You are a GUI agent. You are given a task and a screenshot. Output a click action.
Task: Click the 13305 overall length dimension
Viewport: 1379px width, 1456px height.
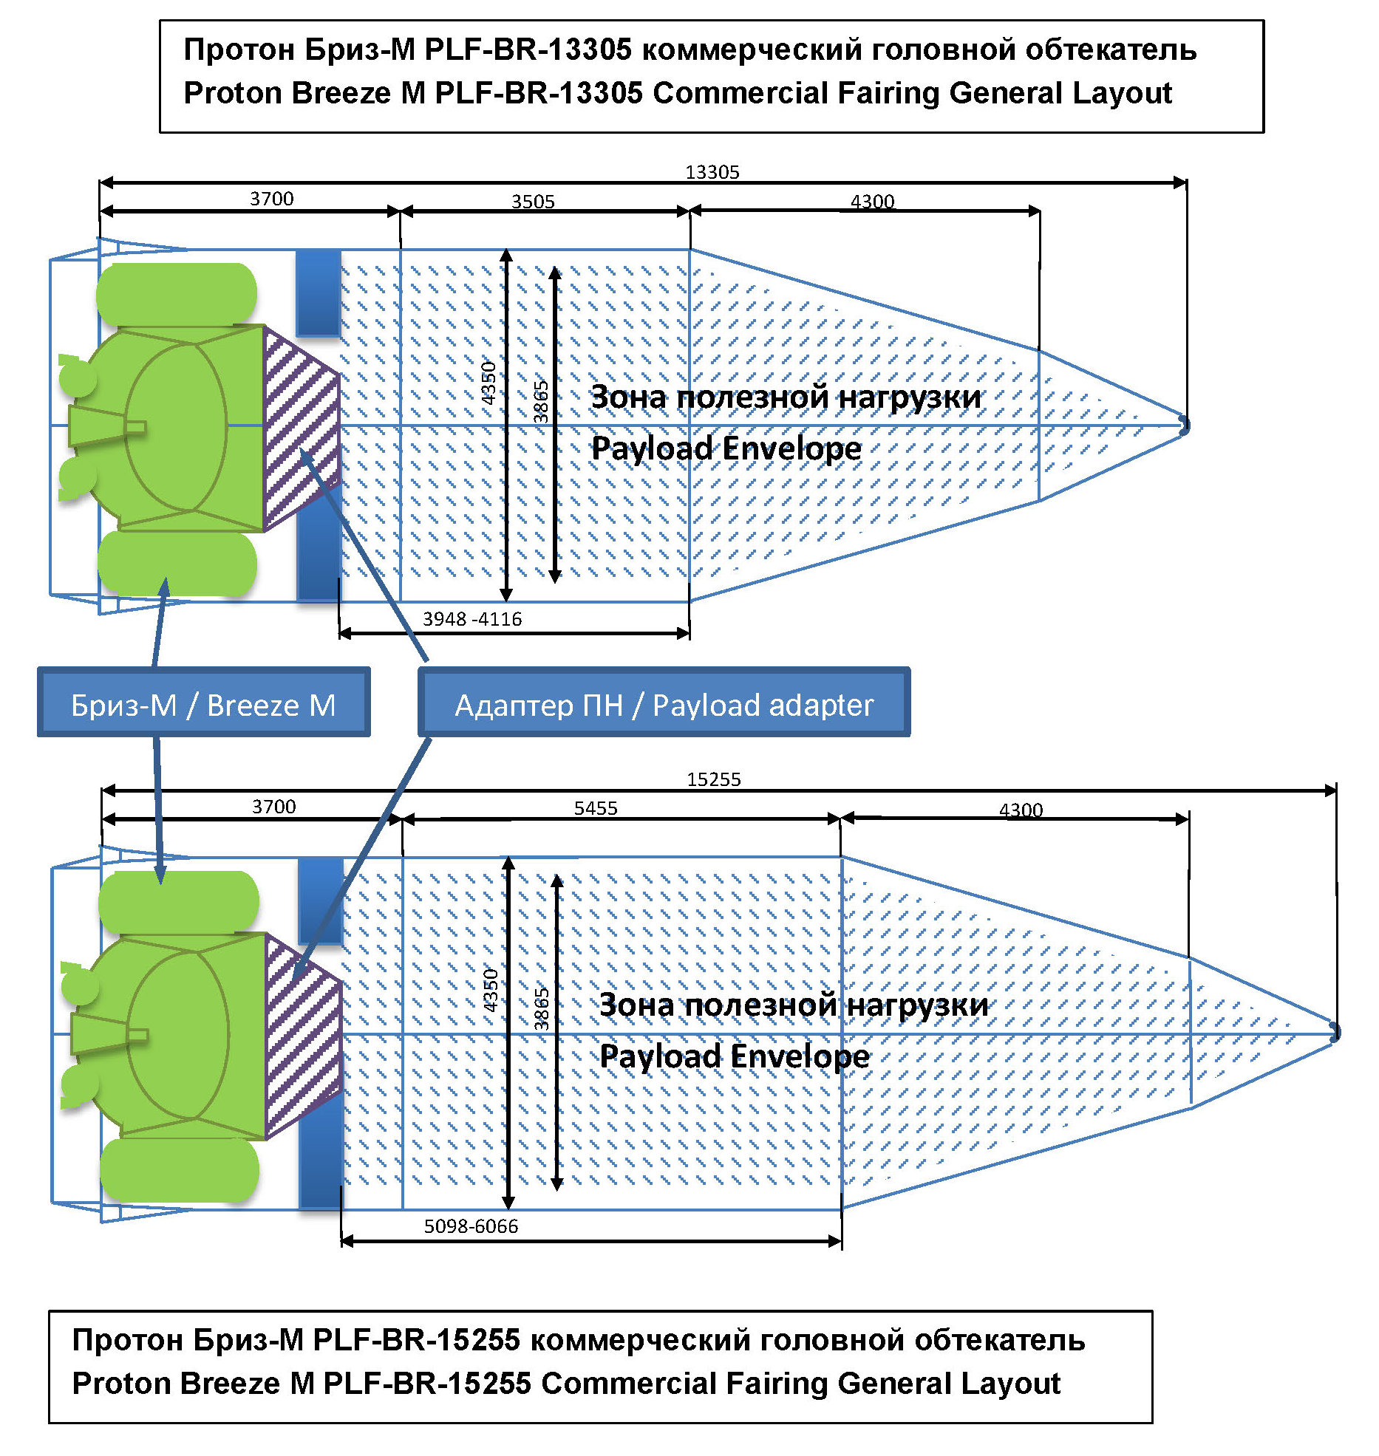(712, 172)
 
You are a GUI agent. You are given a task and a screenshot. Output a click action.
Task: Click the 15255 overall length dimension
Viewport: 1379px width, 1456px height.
(713, 779)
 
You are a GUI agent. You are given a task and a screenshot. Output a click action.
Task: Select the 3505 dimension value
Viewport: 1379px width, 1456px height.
(533, 202)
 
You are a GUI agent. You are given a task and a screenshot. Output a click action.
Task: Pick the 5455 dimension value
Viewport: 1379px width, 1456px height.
(596, 808)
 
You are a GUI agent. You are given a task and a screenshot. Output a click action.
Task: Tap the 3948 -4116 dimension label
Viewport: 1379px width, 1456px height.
(472, 619)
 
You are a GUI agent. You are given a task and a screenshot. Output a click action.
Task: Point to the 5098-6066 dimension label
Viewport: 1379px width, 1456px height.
(471, 1226)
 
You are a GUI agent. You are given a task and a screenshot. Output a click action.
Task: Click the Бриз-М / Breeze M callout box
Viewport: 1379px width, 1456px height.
(203, 704)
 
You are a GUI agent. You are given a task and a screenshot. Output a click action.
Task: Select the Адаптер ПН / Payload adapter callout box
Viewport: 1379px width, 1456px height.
(664, 704)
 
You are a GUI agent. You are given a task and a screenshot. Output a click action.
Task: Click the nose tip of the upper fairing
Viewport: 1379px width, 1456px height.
(1184, 425)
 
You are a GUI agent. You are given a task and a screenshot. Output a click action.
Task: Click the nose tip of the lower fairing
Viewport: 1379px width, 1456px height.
(1334, 1032)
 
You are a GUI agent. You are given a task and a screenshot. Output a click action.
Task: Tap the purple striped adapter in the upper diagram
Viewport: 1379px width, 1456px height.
(300, 428)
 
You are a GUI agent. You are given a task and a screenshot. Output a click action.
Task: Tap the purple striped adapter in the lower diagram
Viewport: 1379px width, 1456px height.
(302, 1036)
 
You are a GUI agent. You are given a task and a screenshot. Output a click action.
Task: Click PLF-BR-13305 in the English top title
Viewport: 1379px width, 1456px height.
(539, 93)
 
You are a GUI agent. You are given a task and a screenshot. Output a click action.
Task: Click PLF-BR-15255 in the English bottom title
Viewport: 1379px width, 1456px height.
(427, 1383)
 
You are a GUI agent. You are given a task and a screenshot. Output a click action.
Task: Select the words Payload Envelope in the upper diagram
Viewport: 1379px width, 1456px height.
(726, 448)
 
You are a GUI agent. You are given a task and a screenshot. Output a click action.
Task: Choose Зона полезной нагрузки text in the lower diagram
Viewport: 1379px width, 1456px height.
(793, 1005)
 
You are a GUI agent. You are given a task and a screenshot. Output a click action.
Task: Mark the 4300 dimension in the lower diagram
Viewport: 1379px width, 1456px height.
(1021, 810)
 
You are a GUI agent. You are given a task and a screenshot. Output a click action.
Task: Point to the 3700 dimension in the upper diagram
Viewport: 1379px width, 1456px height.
(271, 199)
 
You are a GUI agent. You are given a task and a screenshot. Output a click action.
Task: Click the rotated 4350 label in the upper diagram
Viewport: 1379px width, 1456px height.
(488, 383)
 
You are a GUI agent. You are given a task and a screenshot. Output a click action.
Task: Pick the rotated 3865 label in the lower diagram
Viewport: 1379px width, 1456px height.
(542, 1008)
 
